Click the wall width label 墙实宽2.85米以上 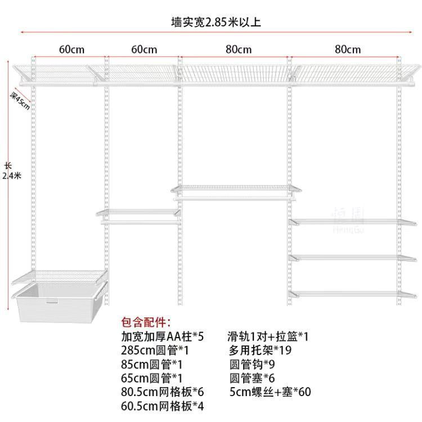coord(216,23)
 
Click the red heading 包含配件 coord(146,323)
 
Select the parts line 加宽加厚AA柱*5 coord(162,337)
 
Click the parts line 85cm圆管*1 coord(150,364)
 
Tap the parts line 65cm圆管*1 coord(150,378)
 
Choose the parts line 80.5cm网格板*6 coord(162,392)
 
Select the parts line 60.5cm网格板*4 coord(162,405)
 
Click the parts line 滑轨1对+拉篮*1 coord(268,337)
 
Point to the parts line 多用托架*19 coord(259,351)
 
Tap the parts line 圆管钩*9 coord(251,364)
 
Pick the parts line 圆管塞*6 coord(251,378)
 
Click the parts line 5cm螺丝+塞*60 coord(269,392)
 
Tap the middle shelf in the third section coord(232,190)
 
